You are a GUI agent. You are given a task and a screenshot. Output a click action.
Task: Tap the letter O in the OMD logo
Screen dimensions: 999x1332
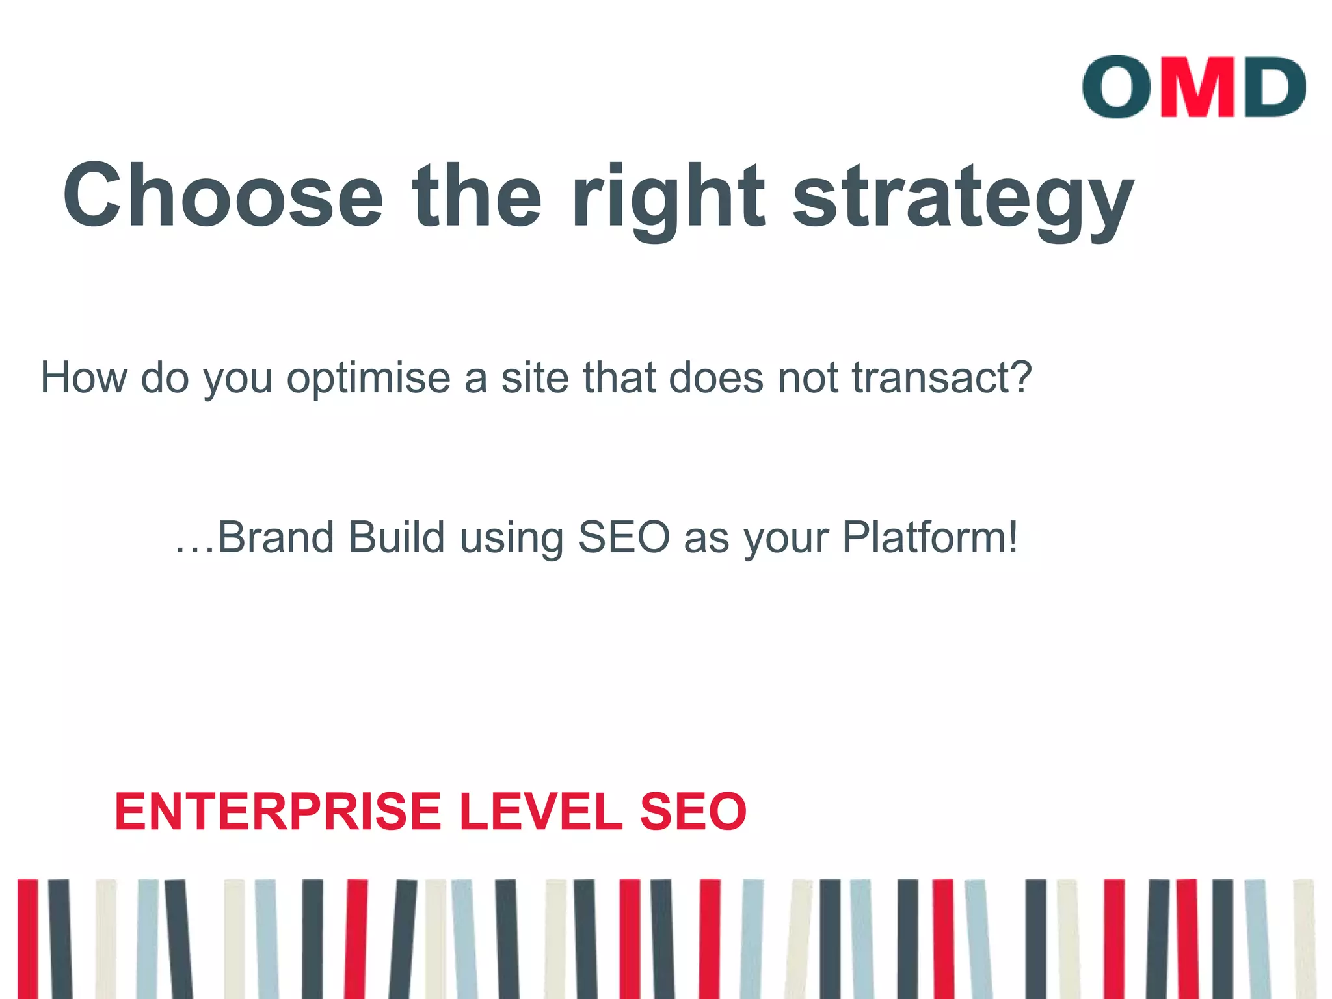click(1117, 87)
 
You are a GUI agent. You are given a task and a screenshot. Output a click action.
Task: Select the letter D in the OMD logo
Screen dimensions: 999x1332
click(1273, 87)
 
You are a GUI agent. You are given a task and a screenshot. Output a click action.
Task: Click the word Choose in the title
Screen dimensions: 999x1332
click(223, 195)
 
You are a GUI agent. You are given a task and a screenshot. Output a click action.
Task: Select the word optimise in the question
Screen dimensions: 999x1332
click(369, 379)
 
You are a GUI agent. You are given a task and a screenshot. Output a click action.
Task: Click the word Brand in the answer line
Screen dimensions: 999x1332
click(276, 538)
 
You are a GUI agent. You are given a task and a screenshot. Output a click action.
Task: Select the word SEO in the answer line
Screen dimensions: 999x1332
click(624, 538)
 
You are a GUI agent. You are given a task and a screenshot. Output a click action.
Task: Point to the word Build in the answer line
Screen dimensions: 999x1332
click(397, 538)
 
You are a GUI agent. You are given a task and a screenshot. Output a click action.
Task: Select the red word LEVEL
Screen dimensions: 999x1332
click(540, 812)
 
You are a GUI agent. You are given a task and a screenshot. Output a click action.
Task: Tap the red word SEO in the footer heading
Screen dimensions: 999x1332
click(693, 812)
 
